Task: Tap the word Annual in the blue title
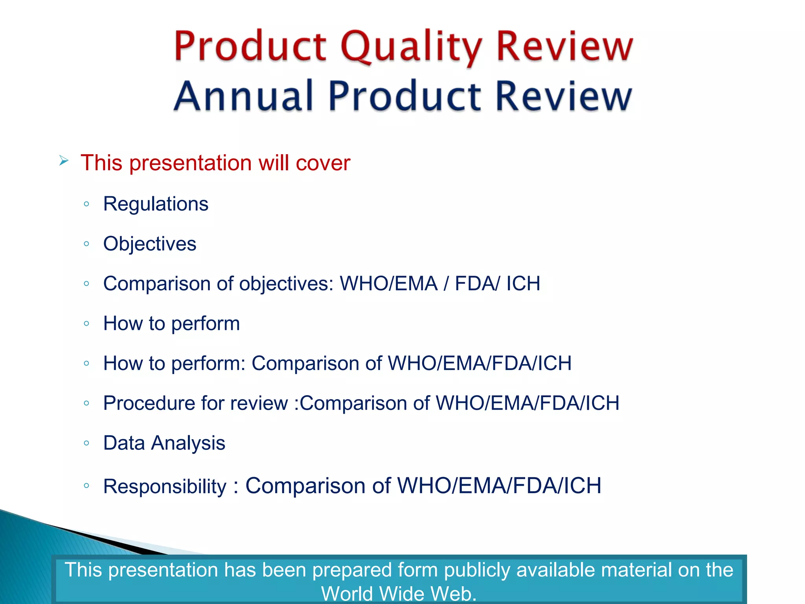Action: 243,96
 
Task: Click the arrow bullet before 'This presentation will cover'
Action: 64,161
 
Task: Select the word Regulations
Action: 156,204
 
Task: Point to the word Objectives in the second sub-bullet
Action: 150,244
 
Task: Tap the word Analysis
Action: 188,443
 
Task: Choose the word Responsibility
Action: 165,486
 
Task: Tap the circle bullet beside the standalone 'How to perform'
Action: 86,324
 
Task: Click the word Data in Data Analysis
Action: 124,443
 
